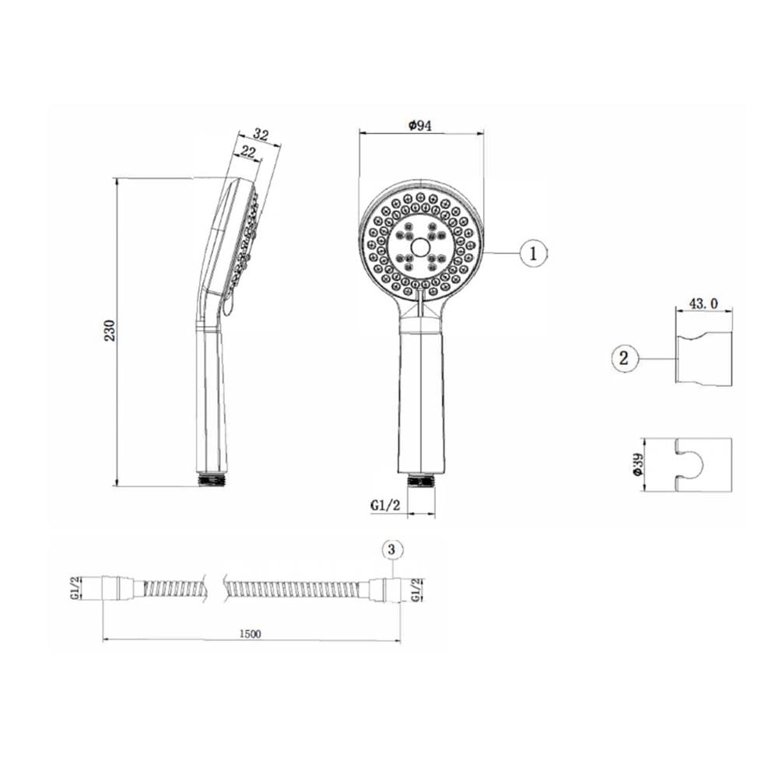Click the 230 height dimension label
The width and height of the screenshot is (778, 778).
pos(110,331)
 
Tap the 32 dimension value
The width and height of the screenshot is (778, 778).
pos(261,135)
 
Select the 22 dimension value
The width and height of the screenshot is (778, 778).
pos(247,152)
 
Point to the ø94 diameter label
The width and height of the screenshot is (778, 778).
pos(420,125)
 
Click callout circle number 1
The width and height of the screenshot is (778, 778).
pos(534,254)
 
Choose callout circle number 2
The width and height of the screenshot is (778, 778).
pos(624,358)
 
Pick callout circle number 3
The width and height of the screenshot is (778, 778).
pos(392,549)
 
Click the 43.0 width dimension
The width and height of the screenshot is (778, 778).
pos(703,303)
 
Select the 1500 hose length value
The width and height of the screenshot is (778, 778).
pos(250,633)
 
